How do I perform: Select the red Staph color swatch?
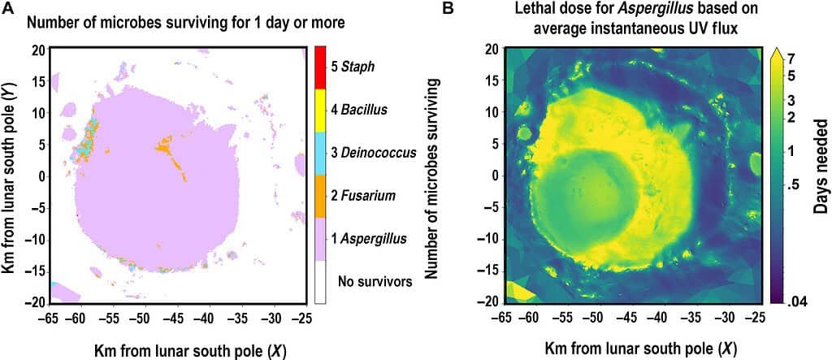coord(319,67)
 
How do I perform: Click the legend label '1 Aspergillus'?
coord(370,240)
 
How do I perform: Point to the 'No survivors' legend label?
coord(375,282)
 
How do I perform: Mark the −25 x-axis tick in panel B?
coord(755,318)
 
